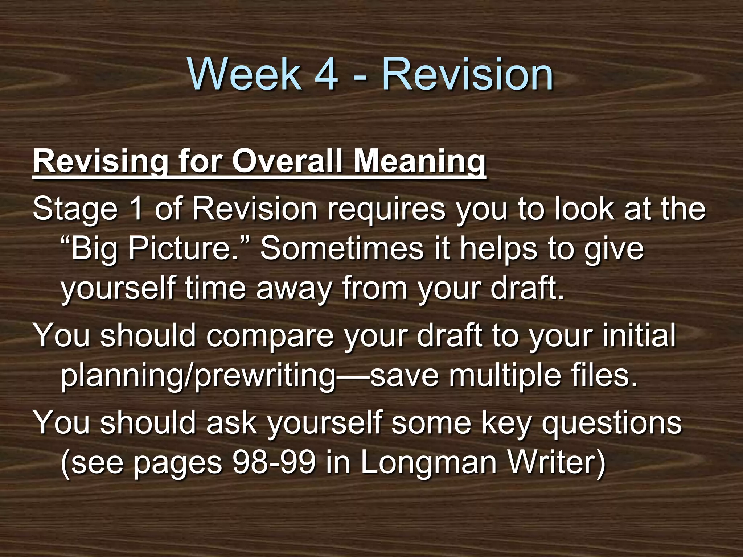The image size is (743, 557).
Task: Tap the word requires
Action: click(386, 210)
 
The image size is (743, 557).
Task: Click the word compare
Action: click(270, 335)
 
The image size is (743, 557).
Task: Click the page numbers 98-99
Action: click(274, 462)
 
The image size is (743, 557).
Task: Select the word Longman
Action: click(428, 463)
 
